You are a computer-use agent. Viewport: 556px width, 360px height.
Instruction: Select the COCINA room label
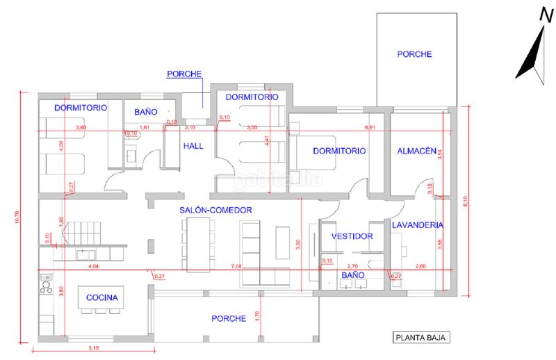click(101, 298)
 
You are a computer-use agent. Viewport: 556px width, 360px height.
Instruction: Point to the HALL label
click(193, 146)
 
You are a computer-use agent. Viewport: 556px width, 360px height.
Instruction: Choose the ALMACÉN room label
click(416, 151)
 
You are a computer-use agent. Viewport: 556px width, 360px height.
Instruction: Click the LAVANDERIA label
click(417, 225)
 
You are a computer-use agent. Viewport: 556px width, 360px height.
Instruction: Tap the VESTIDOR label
click(352, 236)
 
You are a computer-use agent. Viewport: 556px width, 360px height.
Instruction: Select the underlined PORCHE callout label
click(185, 73)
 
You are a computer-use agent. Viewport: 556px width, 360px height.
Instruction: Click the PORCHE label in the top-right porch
click(415, 54)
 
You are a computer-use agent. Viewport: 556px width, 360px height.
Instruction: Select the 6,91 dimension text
click(370, 128)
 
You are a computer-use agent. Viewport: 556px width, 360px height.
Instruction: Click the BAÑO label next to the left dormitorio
click(146, 111)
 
